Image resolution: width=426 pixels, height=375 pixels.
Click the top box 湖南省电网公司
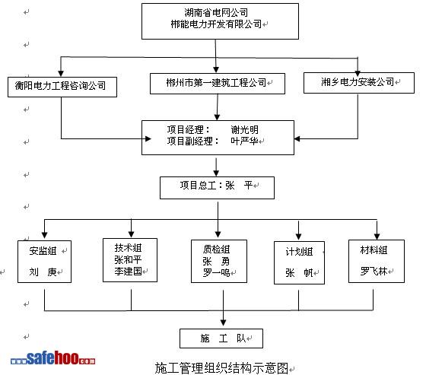point(220,21)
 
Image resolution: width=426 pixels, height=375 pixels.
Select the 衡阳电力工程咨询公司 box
point(62,87)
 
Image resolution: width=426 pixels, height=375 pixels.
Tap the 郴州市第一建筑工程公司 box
point(218,84)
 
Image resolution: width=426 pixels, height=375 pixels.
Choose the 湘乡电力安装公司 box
point(359,83)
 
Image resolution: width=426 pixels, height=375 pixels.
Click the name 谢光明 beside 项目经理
point(244,130)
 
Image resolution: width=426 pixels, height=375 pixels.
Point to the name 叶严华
point(244,141)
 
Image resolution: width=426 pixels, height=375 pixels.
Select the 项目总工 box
point(217,188)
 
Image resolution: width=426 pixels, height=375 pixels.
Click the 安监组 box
point(45,262)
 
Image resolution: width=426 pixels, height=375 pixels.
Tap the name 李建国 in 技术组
point(128,272)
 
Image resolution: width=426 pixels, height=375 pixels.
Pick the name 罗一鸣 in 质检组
point(216,272)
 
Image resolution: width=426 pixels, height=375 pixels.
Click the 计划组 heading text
point(299,252)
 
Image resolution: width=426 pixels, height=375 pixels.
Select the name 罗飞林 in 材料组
point(374,272)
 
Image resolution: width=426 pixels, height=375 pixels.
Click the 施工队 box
point(221,338)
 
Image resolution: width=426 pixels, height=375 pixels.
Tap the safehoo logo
point(53,358)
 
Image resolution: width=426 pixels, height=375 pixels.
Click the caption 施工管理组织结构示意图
point(221,368)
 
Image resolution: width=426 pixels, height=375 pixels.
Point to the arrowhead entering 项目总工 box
point(216,173)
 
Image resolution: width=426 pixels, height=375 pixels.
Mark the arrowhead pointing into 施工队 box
point(224,323)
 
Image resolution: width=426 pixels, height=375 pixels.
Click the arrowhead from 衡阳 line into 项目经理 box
point(148,139)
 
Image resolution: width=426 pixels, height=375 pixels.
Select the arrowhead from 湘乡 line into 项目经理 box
point(297,139)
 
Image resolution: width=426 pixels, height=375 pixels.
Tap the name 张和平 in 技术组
point(128,260)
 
